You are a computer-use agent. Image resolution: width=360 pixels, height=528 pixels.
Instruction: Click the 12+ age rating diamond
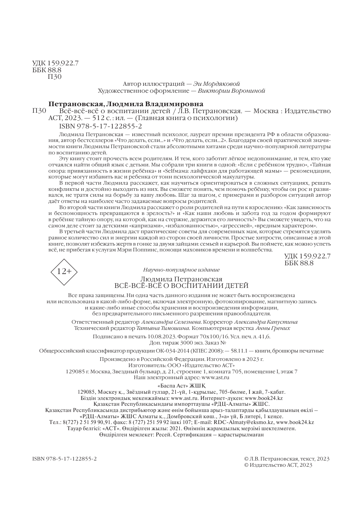[x=64, y=271]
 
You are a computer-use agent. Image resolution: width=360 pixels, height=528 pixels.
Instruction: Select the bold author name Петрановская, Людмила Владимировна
[x=126, y=104]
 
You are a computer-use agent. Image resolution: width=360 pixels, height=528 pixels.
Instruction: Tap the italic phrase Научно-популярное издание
[x=181, y=270]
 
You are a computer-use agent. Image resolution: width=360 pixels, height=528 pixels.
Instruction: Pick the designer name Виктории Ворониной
[x=233, y=90]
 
